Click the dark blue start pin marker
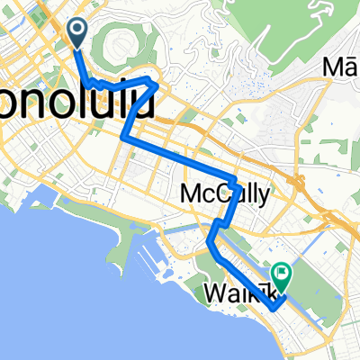click(76, 33)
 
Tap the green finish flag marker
click(282, 269)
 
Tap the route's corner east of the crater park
click(159, 84)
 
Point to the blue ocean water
click(72, 297)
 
